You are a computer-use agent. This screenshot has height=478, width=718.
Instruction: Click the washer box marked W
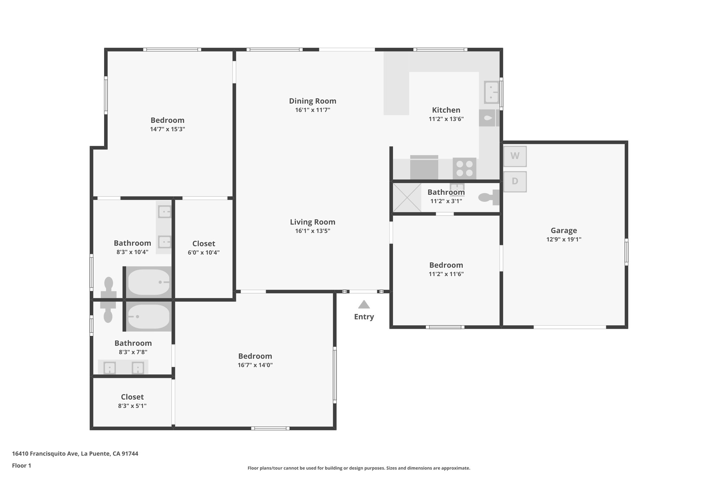pos(515,156)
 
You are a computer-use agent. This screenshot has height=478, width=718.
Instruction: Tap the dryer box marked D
pos(515,181)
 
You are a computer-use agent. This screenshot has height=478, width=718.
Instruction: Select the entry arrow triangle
pos(364,305)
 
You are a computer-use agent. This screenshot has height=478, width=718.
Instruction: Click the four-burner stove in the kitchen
pos(464,168)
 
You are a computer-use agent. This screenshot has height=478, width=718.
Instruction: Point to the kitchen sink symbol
pos(491,92)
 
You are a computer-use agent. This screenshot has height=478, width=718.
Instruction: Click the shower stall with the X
pos(407,198)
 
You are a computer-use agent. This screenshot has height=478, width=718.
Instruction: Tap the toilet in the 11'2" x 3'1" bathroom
pos(488,198)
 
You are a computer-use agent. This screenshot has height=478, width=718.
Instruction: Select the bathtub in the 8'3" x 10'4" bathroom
pos(149,282)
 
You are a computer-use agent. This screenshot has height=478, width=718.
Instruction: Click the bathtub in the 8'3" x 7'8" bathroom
pos(149,317)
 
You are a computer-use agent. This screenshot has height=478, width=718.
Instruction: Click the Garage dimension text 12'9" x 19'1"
pos(563,240)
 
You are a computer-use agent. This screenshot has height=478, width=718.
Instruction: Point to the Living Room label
pos(312,222)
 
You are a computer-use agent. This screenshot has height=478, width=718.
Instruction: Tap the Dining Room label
pos(312,101)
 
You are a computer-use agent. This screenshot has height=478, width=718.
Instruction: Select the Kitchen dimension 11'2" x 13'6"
pos(446,119)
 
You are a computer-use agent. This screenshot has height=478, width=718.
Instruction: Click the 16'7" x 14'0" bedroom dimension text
pos(255,365)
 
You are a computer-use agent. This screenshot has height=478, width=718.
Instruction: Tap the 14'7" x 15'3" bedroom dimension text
pos(167,129)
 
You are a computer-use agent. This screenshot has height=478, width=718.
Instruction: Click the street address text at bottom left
pos(75,453)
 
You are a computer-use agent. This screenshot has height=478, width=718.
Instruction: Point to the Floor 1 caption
pos(21,466)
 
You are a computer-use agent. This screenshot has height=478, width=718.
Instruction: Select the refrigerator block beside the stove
pos(424,168)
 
